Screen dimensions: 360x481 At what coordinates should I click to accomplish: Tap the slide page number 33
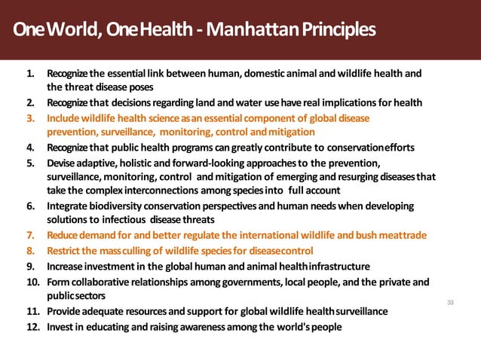(x=452, y=302)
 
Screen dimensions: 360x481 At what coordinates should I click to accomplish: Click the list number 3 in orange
(x=31, y=119)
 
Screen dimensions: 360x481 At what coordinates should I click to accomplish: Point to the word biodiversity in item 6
(x=124, y=206)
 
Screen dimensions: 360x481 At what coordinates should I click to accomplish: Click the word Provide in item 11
(x=64, y=312)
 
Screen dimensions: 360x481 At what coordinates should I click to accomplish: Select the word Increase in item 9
(x=66, y=266)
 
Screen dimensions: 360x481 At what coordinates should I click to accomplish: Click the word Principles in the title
(x=338, y=31)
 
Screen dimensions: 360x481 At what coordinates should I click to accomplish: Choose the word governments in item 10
(x=262, y=282)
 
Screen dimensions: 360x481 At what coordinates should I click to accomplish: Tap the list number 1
(x=31, y=75)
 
